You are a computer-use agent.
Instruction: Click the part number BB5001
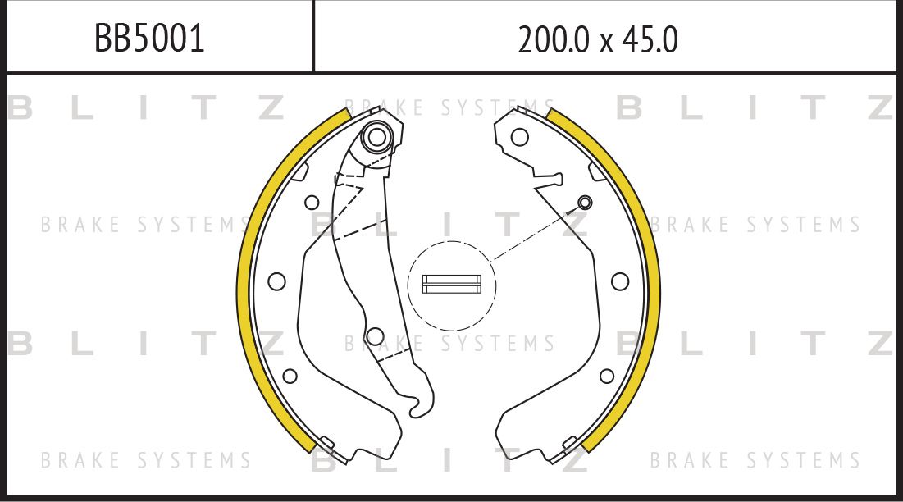click(149, 39)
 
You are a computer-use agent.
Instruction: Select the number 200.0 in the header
click(554, 39)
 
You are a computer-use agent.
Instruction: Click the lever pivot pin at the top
click(376, 136)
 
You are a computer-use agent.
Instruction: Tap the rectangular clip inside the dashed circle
click(451, 284)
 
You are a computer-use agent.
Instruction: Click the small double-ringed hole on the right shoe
click(585, 203)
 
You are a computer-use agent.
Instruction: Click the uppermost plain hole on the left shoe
click(312, 203)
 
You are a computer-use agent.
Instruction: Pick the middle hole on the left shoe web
click(276, 281)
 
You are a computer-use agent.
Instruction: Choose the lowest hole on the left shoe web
click(290, 376)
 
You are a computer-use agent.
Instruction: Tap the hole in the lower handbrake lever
click(375, 335)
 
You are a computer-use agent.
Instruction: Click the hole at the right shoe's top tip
click(519, 137)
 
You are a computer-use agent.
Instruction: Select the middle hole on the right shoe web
click(621, 281)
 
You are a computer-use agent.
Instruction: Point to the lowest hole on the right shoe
click(607, 376)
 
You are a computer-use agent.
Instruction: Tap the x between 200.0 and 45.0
click(606, 41)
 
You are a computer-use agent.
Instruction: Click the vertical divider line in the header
click(313, 36)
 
